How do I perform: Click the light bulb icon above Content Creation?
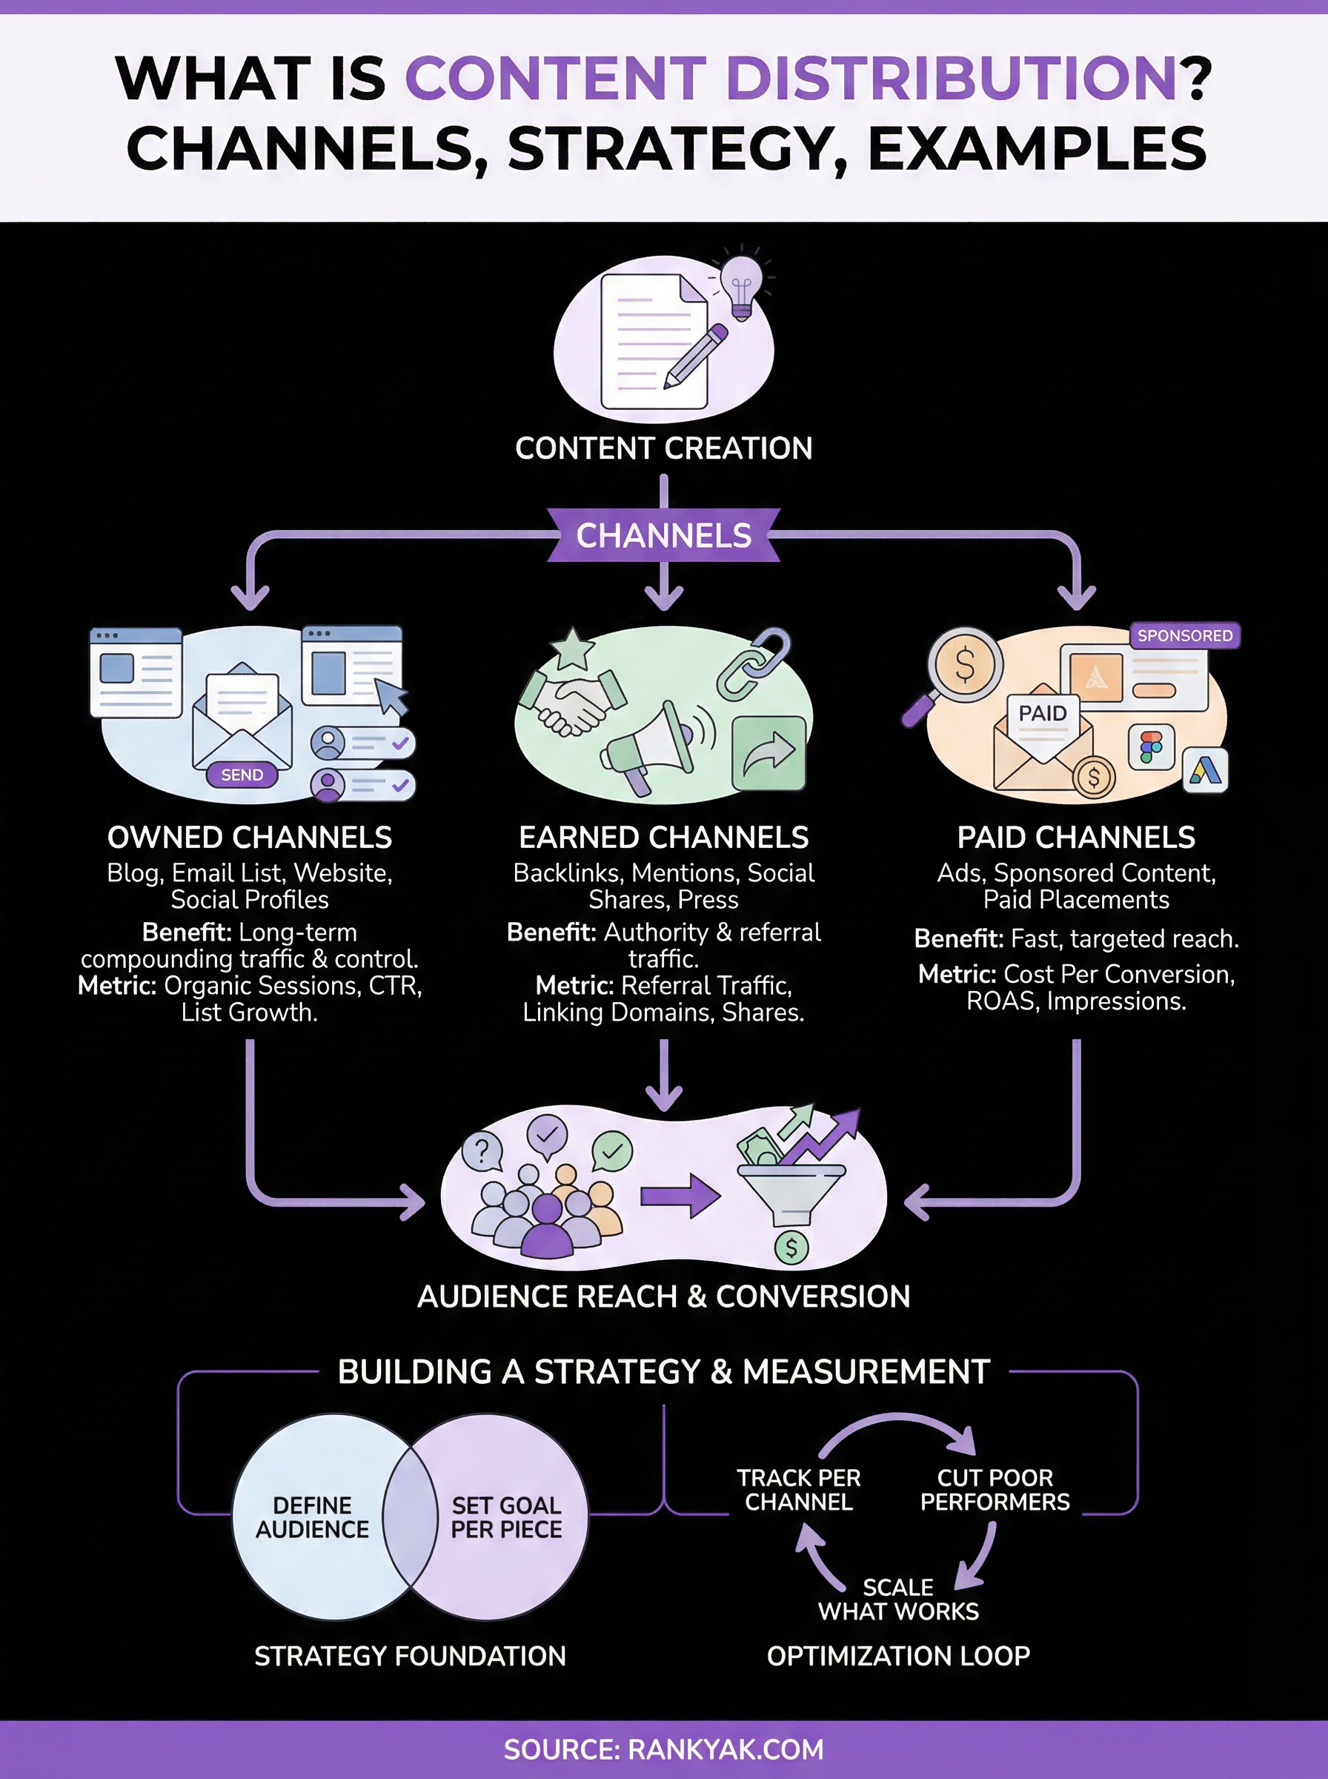click(x=741, y=286)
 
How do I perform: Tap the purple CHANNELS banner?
click(x=663, y=535)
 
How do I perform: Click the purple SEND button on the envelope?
click(x=242, y=775)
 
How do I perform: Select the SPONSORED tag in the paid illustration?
click(x=1184, y=635)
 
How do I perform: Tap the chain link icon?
click(x=753, y=664)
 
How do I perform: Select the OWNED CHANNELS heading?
click(x=249, y=838)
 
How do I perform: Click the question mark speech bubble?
click(x=482, y=1152)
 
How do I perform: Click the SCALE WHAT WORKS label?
click(x=898, y=1599)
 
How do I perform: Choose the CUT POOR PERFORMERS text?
click(x=995, y=1490)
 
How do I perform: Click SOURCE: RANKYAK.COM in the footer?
click(x=663, y=1749)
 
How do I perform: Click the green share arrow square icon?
click(x=768, y=753)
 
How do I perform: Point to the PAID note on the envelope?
click(x=1043, y=714)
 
